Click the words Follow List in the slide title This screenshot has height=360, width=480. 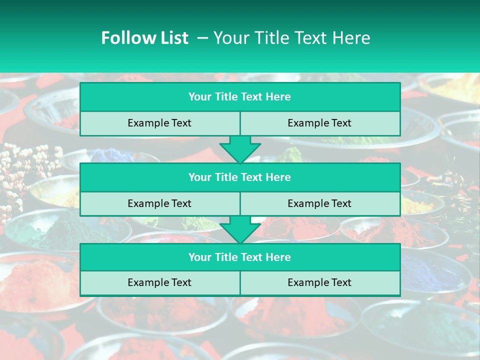[x=144, y=38]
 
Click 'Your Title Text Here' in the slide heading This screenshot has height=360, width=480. [x=291, y=38]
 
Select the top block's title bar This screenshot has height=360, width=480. [x=240, y=97]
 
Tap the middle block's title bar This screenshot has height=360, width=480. [x=240, y=177]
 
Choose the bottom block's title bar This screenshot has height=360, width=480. [x=240, y=257]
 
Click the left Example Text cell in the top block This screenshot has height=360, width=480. [x=159, y=123]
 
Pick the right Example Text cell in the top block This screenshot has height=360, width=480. [x=319, y=123]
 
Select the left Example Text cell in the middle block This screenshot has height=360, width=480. [x=159, y=203]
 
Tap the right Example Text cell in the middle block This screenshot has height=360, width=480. [x=319, y=203]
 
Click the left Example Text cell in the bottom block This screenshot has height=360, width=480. [x=159, y=282]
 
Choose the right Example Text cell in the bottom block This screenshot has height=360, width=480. [x=319, y=282]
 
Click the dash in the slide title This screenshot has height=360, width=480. [x=202, y=38]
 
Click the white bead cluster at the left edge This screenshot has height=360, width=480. [x=20, y=170]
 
